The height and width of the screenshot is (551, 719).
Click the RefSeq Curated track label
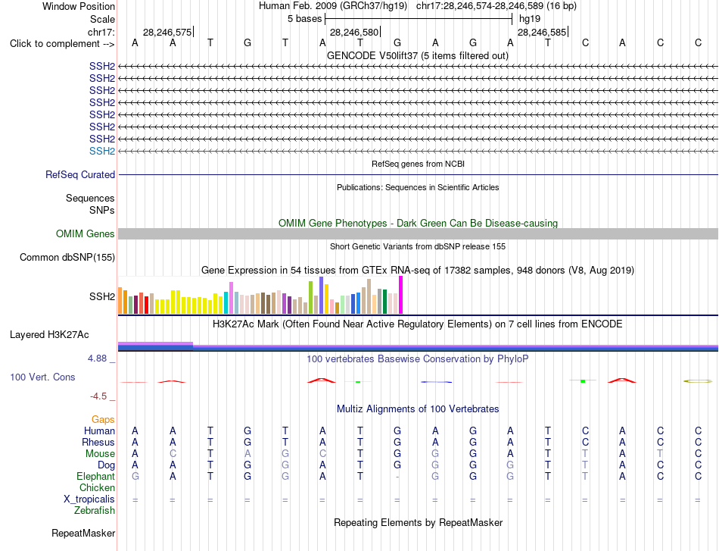click(x=80, y=174)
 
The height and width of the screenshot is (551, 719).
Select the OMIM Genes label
click(x=86, y=233)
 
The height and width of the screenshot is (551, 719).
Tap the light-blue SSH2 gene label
click(x=102, y=151)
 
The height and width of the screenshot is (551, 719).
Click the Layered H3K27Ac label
click(x=49, y=335)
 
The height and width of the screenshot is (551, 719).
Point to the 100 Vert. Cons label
click(x=42, y=377)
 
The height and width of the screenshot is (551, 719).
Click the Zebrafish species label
click(x=95, y=510)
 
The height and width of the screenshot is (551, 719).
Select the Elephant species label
click(x=95, y=476)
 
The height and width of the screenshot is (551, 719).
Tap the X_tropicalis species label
click(x=89, y=499)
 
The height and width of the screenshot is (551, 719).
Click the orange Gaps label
click(x=103, y=419)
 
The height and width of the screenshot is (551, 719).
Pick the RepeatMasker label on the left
click(x=83, y=533)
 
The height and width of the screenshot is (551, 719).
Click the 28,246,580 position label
click(x=354, y=32)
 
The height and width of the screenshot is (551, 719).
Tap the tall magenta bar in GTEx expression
click(x=401, y=295)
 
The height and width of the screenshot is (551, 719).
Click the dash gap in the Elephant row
click(x=397, y=477)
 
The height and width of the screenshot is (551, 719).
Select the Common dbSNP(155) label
click(x=67, y=257)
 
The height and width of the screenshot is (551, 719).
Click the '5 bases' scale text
click(x=305, y=19)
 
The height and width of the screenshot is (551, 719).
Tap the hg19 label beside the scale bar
click(x=530, y=19)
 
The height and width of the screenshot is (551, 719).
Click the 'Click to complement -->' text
click(x=62, y=44)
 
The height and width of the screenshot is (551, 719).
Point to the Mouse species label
click(x=100, y=454)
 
